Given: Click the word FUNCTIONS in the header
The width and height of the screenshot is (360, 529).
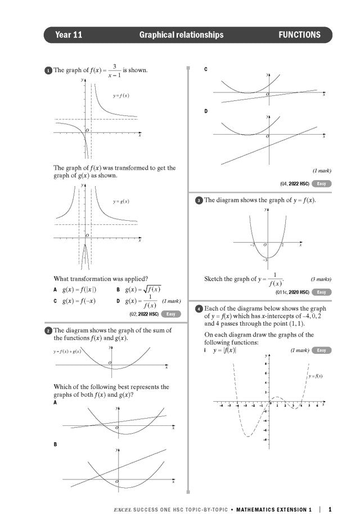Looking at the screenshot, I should [x=299, y=35].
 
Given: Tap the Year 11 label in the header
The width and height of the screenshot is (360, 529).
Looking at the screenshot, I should [x=69, y=35].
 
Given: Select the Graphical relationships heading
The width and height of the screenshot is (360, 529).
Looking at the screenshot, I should [x=181, y=35].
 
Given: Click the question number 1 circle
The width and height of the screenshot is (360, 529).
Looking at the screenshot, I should [x=48, y=71].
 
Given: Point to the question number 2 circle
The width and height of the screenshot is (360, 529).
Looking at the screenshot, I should [x=48, y=331].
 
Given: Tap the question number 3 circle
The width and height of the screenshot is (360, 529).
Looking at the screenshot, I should [x=199, y=201].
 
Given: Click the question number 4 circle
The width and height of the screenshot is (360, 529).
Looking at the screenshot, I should [x=199, y=309].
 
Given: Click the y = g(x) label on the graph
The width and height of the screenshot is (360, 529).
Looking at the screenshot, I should [x=121, y=201].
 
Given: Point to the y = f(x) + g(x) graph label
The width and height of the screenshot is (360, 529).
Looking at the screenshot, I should [x=67, y=351].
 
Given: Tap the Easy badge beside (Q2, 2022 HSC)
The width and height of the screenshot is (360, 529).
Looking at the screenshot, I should [x=171, y=314].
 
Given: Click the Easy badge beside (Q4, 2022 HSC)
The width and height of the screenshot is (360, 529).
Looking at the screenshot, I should [x=321, y=184].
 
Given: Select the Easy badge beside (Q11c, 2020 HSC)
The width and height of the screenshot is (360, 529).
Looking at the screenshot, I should [x=321, y=292].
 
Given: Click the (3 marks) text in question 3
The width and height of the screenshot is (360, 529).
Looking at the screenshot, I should [x=321, y=279].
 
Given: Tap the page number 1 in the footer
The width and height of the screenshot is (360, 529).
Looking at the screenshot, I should [x=330, y=510].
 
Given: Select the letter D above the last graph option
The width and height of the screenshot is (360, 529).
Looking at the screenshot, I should [x=206, y=112].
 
